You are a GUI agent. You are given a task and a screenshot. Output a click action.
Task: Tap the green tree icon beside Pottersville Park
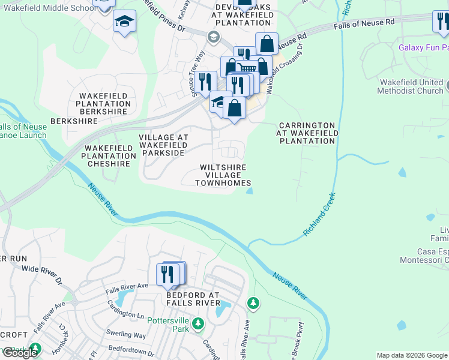click(x=198, y=325)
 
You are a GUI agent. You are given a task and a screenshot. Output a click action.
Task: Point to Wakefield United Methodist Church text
click(x=410, y=86)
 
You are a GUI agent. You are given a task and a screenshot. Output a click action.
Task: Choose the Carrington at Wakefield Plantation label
click(x=306, y=133)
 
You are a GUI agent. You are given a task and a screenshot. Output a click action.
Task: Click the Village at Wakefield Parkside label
click(x=163, y=145)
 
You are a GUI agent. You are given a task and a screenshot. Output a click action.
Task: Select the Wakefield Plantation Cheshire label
click(x=109, y=155)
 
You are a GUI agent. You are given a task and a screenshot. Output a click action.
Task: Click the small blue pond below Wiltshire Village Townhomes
click(x=249, y=191)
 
